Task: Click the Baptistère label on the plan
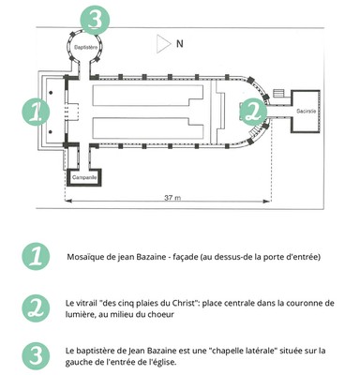click(85, 48)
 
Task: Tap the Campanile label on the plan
click(84, 177)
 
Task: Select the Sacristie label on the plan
click(307, 111)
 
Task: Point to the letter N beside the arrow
click(180, 44)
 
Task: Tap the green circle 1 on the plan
click(36, 112)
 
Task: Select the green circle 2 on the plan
click(254, 112)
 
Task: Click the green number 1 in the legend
click(37, 257)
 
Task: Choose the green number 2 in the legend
click(37, 308)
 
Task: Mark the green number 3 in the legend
click(37, 356)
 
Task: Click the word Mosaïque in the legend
click(82, 258)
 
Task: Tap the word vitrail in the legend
click(86, 303)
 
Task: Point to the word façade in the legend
click(186, 258)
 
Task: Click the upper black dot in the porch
click(51, 93)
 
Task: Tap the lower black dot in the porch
click(51, 131)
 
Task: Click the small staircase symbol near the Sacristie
click(279, 93)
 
